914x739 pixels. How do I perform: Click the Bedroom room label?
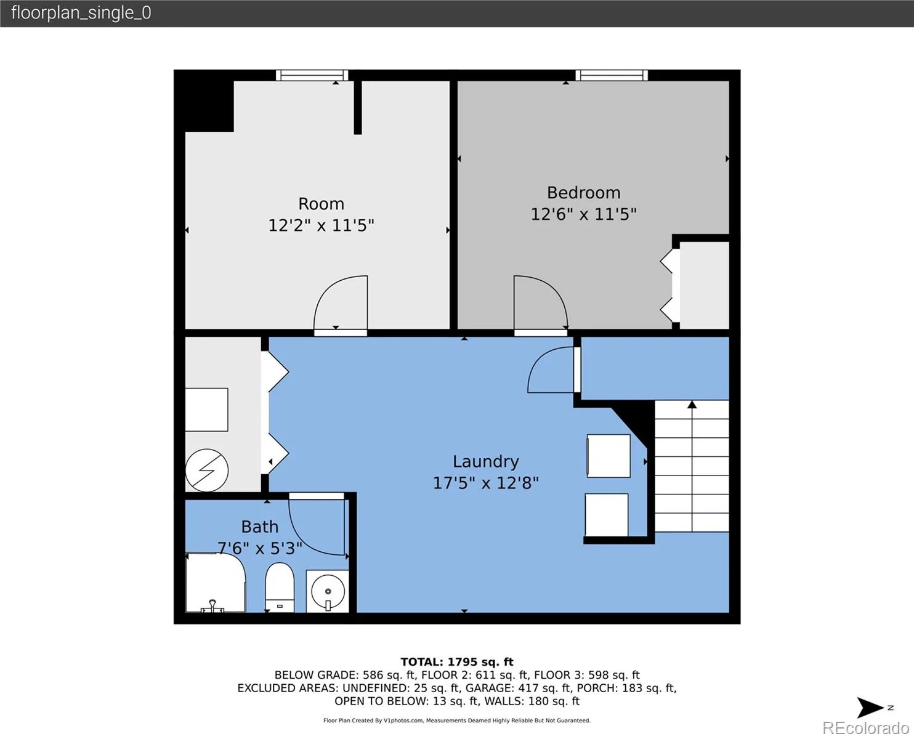[584, 193]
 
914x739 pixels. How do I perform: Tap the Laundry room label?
[486, 461]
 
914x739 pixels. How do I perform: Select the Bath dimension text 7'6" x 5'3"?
[260, 548]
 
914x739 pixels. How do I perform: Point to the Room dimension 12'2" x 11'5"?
[321, 225]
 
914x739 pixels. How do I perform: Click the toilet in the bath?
[280, 587]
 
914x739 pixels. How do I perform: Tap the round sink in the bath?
[328, 591]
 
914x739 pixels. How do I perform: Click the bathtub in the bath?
[216, 583]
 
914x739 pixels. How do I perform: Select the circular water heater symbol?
[206, 470]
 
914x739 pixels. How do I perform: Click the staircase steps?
[692, 466]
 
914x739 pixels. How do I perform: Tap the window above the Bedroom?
[612, 76]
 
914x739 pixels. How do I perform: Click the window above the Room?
[312, 76]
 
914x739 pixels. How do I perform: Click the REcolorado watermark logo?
[865, 727]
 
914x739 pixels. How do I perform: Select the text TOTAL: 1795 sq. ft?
[457, 662]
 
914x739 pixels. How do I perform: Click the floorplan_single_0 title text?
[81, 13]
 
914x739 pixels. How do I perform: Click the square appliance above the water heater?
[206, 410]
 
